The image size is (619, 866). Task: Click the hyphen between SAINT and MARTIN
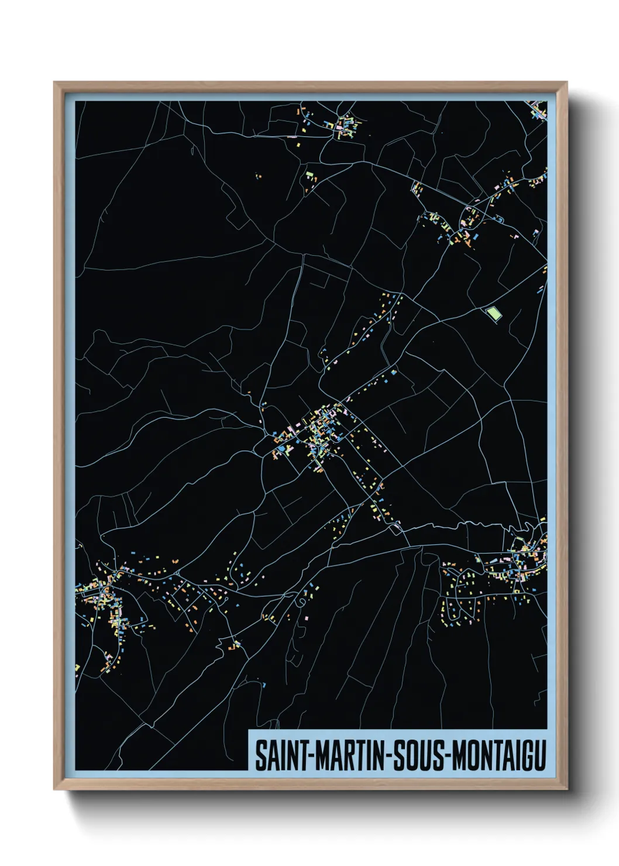click(312, 757)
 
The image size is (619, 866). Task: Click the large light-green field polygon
click(494, 314)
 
